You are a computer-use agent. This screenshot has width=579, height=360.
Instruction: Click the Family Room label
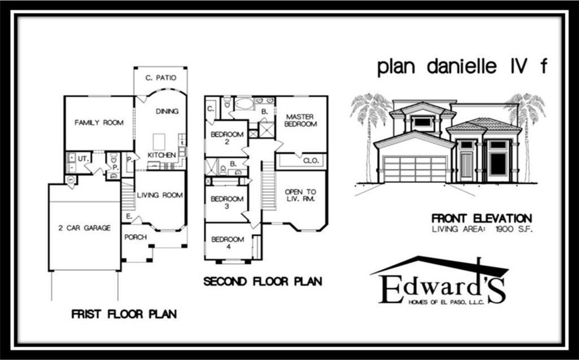coord(99,123)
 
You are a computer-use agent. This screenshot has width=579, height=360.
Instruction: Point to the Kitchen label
coord(162,155)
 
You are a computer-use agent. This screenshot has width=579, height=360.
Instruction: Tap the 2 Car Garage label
coord(85,228)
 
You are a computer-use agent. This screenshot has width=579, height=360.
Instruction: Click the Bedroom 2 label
coord(227,137)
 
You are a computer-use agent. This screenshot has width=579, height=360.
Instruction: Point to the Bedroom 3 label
coord(227,203)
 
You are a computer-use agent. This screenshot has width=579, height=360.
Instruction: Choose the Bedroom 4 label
coord(227,243)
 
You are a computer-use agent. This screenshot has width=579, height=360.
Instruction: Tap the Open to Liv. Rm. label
coord(300,195)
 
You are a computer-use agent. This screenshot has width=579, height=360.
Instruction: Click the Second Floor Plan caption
coord(262,282)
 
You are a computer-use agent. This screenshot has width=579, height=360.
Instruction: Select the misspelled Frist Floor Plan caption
coord(124,314)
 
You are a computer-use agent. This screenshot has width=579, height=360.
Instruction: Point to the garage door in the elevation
coord(414,169)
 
